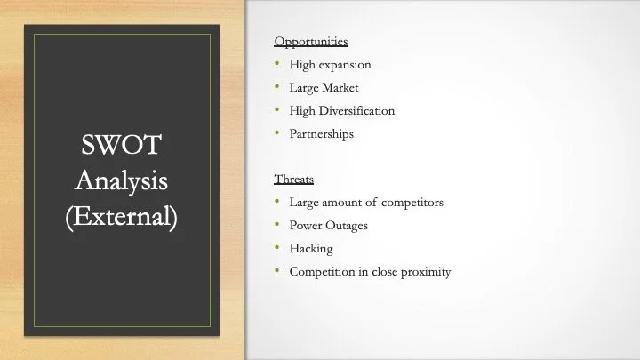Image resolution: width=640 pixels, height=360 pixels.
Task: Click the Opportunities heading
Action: pos(311,42)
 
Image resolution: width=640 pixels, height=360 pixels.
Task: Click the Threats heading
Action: pos(294,180)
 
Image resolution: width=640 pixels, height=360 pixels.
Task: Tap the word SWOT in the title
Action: pos(121,145)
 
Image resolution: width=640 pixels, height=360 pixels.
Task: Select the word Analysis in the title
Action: pos(121,180)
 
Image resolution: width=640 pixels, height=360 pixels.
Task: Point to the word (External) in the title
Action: pos(121,216)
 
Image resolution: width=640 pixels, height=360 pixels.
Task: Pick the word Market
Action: pos(340,88)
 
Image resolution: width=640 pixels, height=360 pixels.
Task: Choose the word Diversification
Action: pos(356,110)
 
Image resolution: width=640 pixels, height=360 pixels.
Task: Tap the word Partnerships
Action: pos(322,134)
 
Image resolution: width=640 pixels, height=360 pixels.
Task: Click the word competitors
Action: pos(412,203)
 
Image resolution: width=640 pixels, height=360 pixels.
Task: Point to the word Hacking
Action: pos(311,249)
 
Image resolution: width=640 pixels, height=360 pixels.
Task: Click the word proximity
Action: pos(426,272)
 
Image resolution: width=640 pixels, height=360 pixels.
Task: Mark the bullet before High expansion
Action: pos(277,63)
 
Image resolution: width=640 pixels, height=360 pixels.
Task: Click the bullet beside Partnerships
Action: pos(277,132)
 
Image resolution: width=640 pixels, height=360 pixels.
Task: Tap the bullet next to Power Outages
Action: pos(277,224)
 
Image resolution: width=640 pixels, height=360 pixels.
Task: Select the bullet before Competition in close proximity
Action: pos(277,270)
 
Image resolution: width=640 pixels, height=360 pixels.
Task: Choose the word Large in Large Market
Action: pos(304,88)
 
